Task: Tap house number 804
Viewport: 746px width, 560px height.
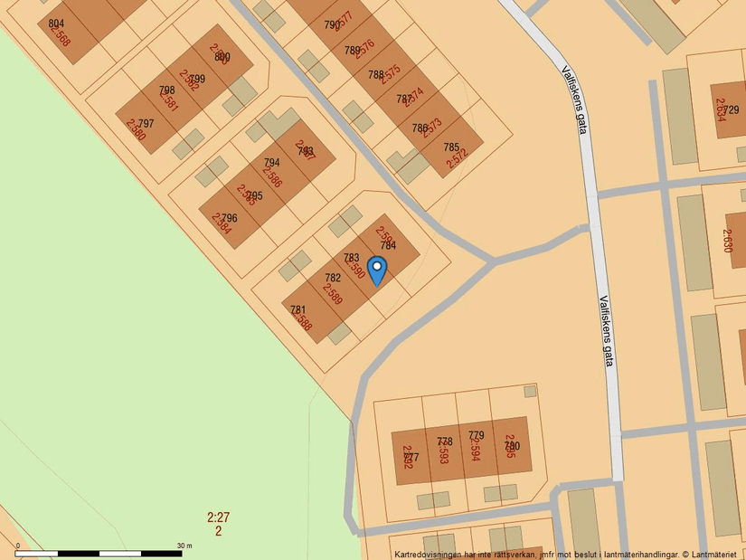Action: (56, 24)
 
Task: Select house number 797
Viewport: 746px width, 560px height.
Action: (146, 124)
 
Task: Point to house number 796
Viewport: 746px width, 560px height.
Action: (229, 218)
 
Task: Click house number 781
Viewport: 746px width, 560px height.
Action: (297, 309)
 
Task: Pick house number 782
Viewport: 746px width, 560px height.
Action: (333, 278)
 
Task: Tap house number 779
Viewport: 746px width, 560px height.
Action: (477, 435)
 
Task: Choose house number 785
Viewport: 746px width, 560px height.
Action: (451, 147)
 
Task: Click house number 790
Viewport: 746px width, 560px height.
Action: (332, 25)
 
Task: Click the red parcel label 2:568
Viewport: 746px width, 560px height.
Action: (60, 36)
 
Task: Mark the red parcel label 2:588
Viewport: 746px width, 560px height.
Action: (303, 321)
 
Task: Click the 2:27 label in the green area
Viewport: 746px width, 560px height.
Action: (218, 517)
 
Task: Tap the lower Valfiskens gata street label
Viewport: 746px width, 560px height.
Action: (606, 330)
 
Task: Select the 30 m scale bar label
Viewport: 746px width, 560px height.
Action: (184, 546)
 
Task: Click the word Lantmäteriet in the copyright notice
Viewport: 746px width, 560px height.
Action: (716, 554)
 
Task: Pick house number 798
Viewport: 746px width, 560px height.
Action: (166, 90)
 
